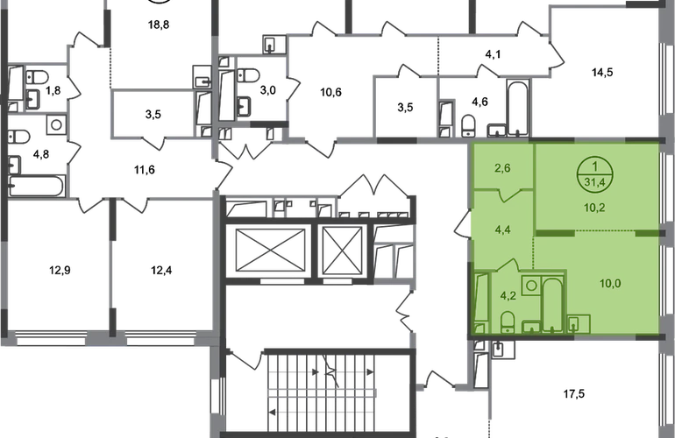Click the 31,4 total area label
point(595,182)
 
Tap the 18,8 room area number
point(159,25)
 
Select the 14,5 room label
point(602,73)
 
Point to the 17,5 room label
point(574,393)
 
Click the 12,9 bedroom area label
point(60,270)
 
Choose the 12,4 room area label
point(161,270)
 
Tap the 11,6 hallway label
point(145,170)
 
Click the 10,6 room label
point(331,92)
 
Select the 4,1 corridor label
point(493,54)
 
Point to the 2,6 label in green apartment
point(502,168)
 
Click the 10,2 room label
point(594,208)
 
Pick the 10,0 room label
point(610,283)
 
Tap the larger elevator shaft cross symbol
point(270,251)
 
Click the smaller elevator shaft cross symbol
point(342,251)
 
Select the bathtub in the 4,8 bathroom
point(37,186)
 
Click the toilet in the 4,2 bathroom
point(508,321)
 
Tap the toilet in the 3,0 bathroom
point(248,75)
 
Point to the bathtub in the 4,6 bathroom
point(518,107)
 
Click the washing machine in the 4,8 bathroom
point(56,124)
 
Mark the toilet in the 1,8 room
point(37,77)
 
